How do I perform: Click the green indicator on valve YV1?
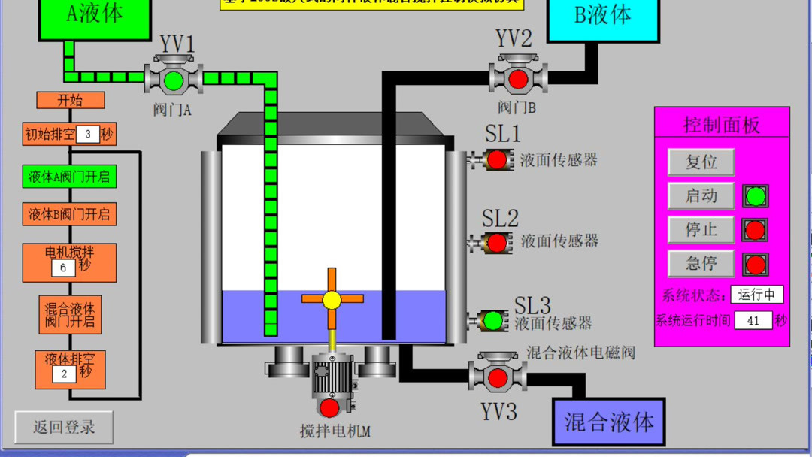(174, 80)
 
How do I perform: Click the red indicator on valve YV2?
(518, 79)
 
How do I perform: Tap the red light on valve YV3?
(497, 377)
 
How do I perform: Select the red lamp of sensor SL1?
(496, 159)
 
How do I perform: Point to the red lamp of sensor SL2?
(496, 243)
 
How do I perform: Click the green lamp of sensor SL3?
(493, 320)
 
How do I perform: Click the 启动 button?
(701, 196)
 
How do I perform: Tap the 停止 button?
(701, 230)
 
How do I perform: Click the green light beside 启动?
(755, 196)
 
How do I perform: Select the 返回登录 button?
(64, 427)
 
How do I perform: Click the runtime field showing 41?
(753, 321)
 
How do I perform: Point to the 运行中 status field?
(756, 295)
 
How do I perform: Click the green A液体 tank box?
(95, 17)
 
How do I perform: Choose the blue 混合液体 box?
(609, 422)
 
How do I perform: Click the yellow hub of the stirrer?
(332, 299)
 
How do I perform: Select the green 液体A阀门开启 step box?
(69, 177)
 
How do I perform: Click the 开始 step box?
(70, 100)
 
